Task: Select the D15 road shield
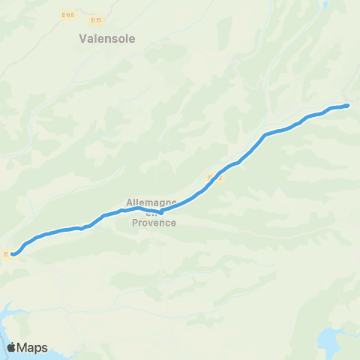[x=94, y=19]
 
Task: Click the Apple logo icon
[x=12, y=347]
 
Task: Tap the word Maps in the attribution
[x=33, y=347]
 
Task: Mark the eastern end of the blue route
[x=346, y=106]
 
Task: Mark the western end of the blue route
[x=13, y=254]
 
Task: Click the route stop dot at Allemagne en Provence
[x=160, y=211]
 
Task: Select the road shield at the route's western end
[x=6, y=254]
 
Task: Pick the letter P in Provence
[x=131, y=222]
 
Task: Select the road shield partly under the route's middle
[x=211, y=177]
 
